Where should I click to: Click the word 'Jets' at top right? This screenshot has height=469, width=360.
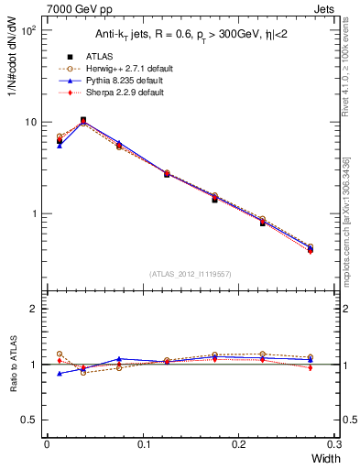pyautogui.click(x=324, y=8)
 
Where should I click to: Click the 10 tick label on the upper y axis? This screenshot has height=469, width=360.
pyautogui.click(x=30, y=122)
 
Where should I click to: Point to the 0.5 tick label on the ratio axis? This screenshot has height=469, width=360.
pyautogui.click(x=30, y=420)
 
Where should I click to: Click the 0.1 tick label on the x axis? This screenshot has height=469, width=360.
pyautogui.click(x=143, y=443)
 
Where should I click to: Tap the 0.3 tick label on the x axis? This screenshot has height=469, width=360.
pyautogui.click(x=334, y=443)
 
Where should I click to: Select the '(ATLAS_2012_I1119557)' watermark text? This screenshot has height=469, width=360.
pyautogui.click(x=191, y=274)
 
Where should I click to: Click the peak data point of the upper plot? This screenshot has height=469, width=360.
pyautogui.click(x=83, y=120)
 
